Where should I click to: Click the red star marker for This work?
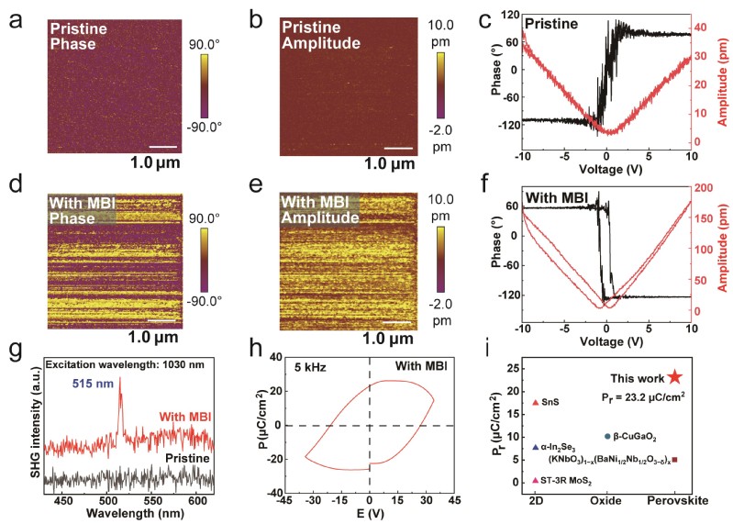[x=675, y=376]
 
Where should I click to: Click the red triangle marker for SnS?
[x=536, y=402]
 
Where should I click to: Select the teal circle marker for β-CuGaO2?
[x=607, y=436]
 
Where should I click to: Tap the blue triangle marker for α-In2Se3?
[x=536, y=447]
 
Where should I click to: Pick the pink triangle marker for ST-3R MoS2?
[x=536, y=480]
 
